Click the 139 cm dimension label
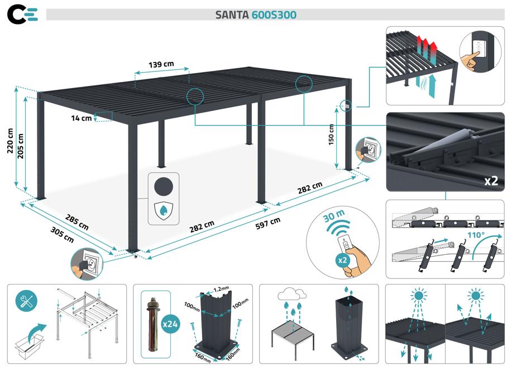tap(161, 64)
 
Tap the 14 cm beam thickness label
tap(82, 118)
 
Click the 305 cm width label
tap(62, 237)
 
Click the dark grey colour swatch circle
tap(164, 186)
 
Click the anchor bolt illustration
tap(152, 324)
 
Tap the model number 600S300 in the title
tap(274, 15)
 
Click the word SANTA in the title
tap(232, 15)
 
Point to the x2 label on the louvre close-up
tap(491, 180)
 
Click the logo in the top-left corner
tap(23, 15)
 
